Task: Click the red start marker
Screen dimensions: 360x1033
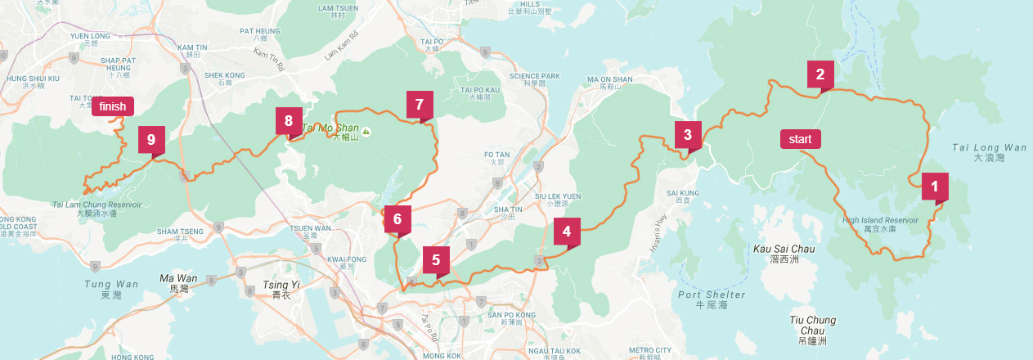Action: click(x=801, y=139)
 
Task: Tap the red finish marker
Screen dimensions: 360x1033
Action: click(x=113, y=106)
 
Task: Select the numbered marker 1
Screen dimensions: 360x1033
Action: click(x=935, y=186)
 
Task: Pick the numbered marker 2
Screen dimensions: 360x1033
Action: click(x=820, y=74)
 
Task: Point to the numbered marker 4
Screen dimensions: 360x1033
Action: click(x=567, y=232)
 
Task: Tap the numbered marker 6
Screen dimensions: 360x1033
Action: click(x=397, y=219)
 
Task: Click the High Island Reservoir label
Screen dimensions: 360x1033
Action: click(x=880, y=221)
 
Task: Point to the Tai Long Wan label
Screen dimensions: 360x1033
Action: click(x=988, y=148)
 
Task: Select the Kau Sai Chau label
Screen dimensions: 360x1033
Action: click(x=783, y=248)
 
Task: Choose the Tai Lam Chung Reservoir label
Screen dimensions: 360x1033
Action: click(x=97, y=205)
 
